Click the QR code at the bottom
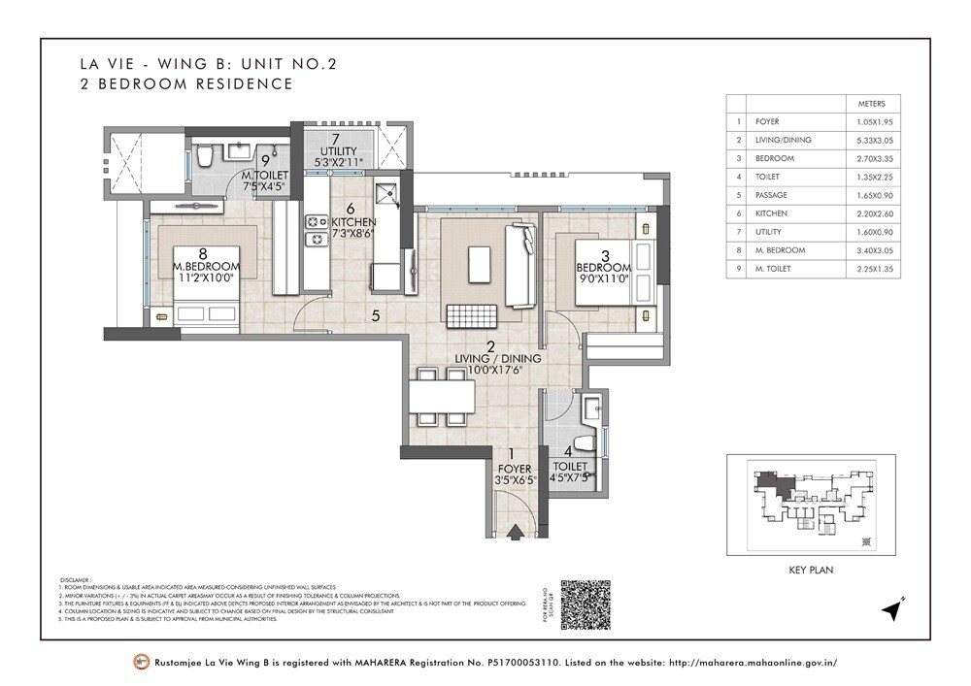click(586, 604)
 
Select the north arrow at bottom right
click(891, 609)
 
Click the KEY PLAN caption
click(812, 572)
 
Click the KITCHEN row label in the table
click(774, 213)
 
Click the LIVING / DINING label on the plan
click(499, 358)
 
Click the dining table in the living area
click(440, 397)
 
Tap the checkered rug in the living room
click(472, 313)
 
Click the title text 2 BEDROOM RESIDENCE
click(186, 84)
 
